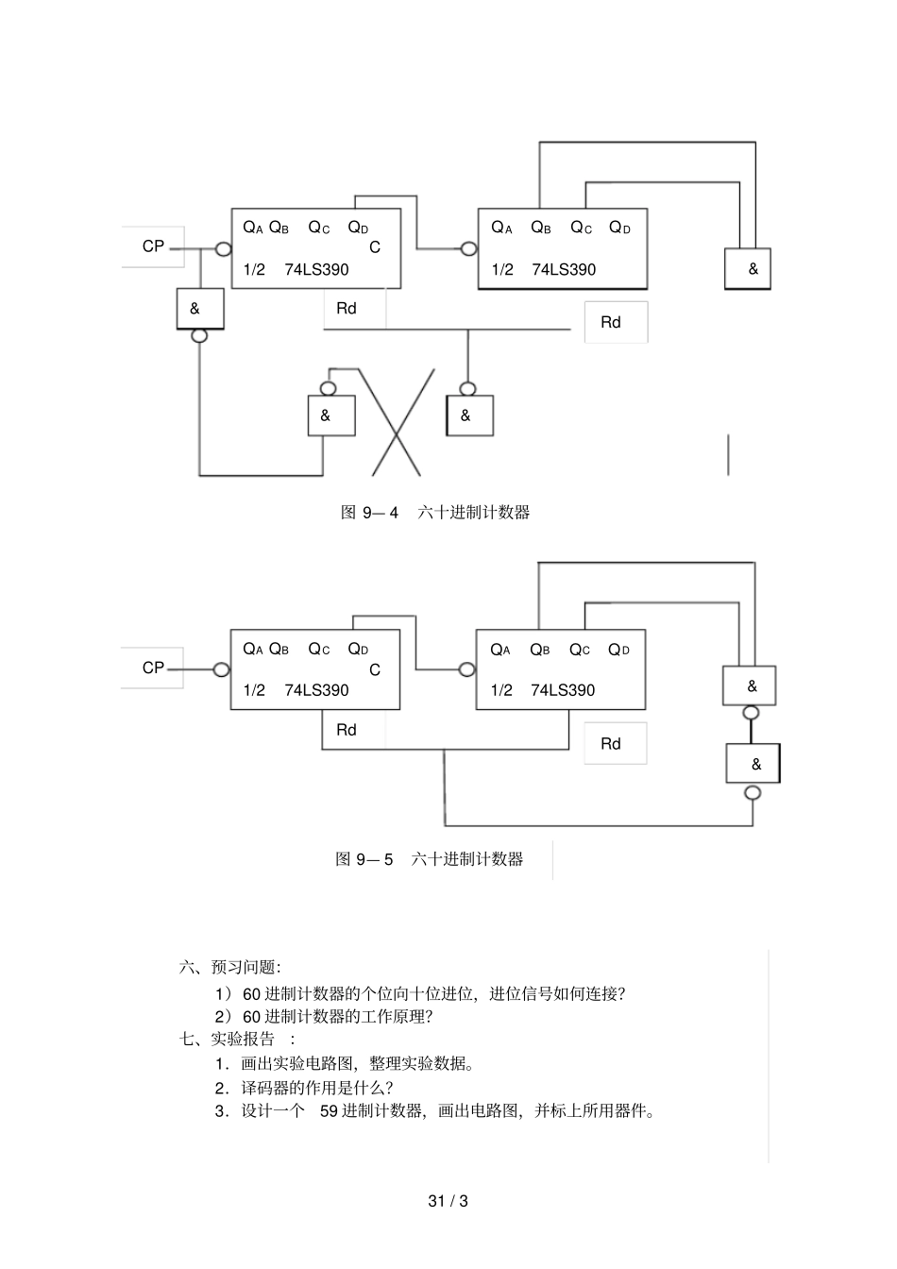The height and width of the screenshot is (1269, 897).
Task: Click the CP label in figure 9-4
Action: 153,246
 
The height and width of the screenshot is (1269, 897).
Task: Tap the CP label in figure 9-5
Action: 153,668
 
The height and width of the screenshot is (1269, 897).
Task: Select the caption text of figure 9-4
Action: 435,513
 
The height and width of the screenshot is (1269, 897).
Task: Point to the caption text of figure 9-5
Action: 430,859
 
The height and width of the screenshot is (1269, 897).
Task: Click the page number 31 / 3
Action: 448,1201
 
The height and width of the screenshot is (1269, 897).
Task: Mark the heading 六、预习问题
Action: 229,967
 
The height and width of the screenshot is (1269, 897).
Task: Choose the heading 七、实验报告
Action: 228,1039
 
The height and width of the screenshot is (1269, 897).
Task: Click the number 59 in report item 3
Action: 329,1110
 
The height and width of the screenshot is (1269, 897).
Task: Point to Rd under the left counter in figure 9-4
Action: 347,309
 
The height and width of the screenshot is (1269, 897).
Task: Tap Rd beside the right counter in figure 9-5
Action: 611,744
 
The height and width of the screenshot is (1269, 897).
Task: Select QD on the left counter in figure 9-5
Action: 358,649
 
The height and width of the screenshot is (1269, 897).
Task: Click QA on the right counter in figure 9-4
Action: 501,228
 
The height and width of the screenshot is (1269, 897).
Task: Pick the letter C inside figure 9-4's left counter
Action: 375,247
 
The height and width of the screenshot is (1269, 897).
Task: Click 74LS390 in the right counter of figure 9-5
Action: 563,690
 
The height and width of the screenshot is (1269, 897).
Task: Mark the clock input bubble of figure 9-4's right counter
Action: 468,249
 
